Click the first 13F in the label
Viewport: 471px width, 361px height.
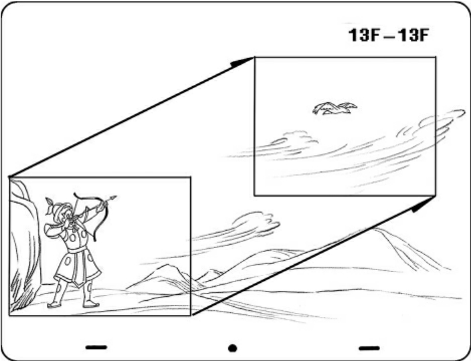tap(363, 35)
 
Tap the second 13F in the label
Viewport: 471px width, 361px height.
tap(413, 35)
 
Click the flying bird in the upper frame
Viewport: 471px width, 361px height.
tap(335, 108)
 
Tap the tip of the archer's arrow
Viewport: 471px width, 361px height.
tap(115, 197)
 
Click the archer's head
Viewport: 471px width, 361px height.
tap(68, 213)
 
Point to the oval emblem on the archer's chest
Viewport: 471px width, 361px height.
tap(73, 238)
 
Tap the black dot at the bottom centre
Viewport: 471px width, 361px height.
tap(233, 348)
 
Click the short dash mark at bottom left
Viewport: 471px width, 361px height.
tap(96, 348)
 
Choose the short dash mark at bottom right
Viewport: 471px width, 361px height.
tap(369, 348)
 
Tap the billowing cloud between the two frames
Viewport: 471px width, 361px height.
tap(256, 223)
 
